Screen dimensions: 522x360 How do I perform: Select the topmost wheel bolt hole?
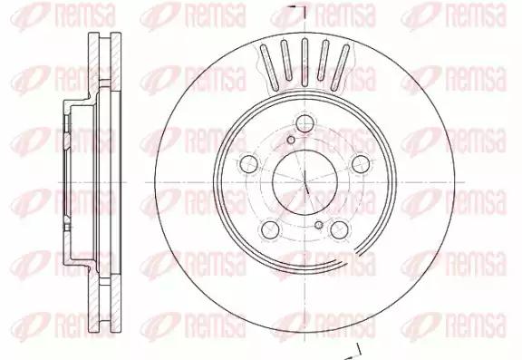[x=304, y=123]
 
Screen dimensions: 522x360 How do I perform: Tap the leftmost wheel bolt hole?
[x=249, y=164]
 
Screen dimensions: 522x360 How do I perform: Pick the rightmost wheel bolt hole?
[x=361, y=164]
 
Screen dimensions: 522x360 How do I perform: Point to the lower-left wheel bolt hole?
[x=270, y=229]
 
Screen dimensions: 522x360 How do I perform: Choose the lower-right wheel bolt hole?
[x=340, y=229]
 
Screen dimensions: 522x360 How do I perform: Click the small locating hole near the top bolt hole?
[x=291, y=140]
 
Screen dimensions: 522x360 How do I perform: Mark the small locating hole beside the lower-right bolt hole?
[x=319, y=225]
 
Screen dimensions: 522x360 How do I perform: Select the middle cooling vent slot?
[x=304, y=63]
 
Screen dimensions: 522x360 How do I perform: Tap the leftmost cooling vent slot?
[x=269, y=67]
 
